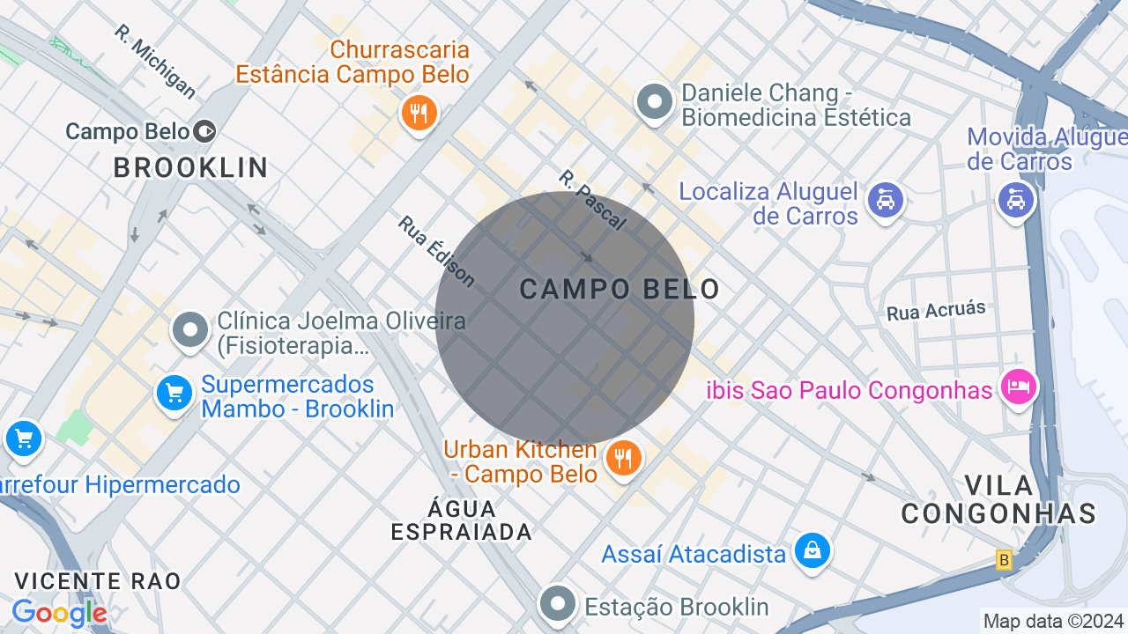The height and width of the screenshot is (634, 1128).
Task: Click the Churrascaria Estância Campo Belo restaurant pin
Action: [x=419, y=114]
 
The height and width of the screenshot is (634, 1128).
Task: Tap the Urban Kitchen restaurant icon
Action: [x=624, y=458]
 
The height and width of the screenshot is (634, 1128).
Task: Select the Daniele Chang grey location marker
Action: [x=654, y=102]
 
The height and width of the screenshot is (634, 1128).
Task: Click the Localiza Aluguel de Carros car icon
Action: [x=885, y=200]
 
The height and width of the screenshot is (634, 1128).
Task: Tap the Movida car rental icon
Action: [x=1015, y=200]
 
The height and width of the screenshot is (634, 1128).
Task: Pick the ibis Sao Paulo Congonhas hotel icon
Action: [x=1018, y=387]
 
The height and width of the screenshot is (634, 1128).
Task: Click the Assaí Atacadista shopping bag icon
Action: [x=812, y=551]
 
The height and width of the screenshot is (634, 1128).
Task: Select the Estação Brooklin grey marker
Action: [x=557, y=605]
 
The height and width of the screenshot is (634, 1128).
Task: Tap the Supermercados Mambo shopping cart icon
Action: [x=174, y=393]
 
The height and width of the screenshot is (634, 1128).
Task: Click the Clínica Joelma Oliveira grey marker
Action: [x=189, y=330]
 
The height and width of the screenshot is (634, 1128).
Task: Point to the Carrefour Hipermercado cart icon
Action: [x=23, y=438]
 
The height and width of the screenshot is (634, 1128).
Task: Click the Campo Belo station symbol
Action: [x=205, y=132]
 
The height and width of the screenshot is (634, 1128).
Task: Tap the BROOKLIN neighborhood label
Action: [x=190, y=167]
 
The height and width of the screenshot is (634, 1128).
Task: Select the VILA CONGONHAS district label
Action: [x=998, y=499]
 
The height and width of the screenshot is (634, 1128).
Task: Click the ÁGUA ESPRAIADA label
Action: [x=462, y=520]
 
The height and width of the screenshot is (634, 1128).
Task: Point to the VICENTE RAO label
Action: [x=98, y=581]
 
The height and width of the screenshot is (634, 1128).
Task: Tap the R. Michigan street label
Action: [x=155, y=61]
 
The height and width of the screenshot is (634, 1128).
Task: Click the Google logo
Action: [x=59, y=613]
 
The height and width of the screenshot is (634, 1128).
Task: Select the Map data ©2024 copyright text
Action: [x=1053, y=621]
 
